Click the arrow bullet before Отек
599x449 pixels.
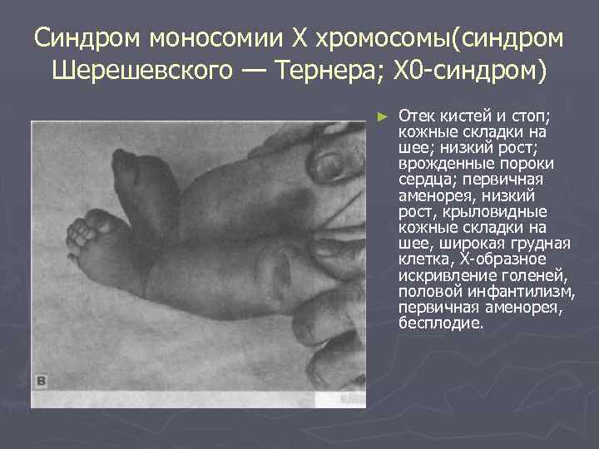pos(382,115)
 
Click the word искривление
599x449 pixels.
pos(441,275)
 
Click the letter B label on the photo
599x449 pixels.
pos(41,382)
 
